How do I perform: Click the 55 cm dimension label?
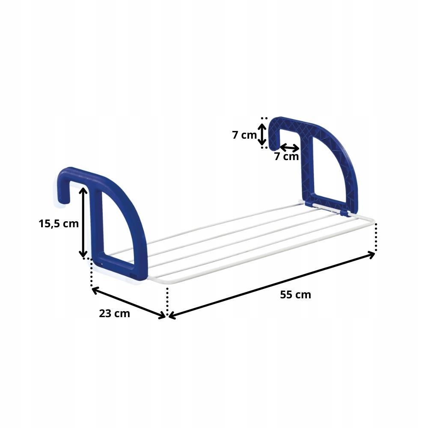[x=295, y=294]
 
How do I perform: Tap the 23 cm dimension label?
[x=114, y=313]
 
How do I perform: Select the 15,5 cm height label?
[x=59, y=223]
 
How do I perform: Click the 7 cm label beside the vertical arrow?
[x=244, y=135]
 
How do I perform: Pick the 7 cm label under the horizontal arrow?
[x=286, y=157]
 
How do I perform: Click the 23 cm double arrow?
[x=128, y=303]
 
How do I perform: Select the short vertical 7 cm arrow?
[x=263, y=133]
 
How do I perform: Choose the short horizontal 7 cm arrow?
[x=290, y=148]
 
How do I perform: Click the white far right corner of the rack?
[x=373, y=223]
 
